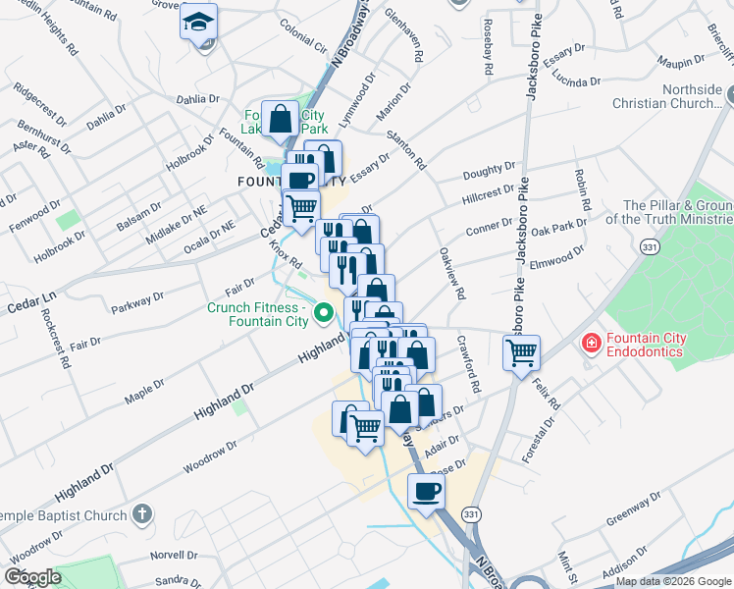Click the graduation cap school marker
[198, 21]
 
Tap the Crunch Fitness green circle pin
[324, 315]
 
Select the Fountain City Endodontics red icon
[591, 343]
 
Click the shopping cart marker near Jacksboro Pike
[522, 351]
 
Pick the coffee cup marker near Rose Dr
[425, 490]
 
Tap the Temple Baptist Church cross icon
[142, 513]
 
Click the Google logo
[33, 577]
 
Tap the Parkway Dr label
[137, 298]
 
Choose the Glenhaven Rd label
[404, 37]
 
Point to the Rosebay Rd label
[487, 46]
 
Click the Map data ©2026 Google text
[672, 581]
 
